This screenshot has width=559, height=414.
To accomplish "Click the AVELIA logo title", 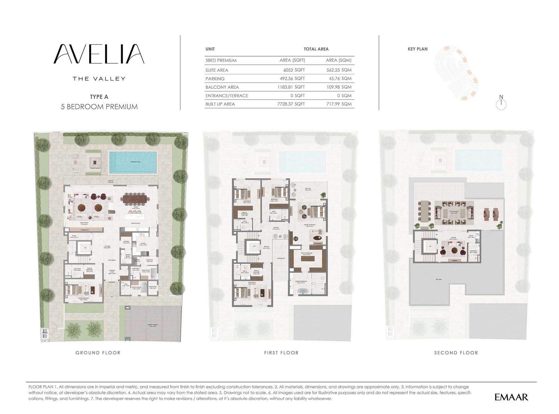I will (x=99, y=54).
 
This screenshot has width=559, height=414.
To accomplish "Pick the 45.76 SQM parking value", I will (x=340, y=79).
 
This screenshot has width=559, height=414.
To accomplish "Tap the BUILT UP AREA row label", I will (x=220, y=104).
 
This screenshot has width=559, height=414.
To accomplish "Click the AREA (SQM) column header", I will (x=339, y=60).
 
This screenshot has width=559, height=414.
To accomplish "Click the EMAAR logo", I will (x=511, y=397).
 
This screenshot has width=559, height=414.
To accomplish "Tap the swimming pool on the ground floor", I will (x=133, y=162).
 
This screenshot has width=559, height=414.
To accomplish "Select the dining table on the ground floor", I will (x=136, y=199).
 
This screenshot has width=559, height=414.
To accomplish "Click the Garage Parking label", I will (x=153, y=325).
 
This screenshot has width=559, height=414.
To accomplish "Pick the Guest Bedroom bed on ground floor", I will (x=72, y=289).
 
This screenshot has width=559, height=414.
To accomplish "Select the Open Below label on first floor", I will (x=281, y=258).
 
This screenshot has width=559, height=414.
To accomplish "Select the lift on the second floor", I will (x=430, y=246).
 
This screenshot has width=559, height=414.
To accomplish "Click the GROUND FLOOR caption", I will (x=98, y=353).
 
